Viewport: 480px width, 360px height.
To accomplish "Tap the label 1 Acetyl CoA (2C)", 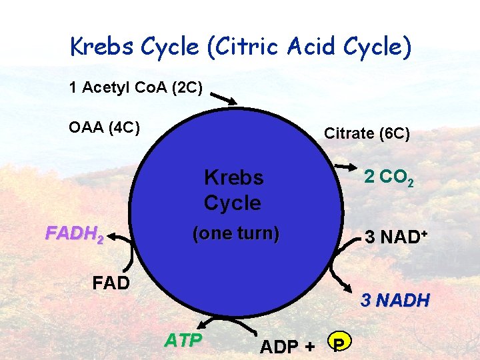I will (135, 87).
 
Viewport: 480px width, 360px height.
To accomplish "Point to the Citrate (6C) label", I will (367, 133).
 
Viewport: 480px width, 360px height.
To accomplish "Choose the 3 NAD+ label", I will (394, 237).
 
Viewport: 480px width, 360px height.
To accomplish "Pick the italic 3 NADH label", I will (395, 301).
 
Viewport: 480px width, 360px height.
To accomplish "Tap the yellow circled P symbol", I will (339, 343).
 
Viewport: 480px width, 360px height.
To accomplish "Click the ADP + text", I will (287, 347).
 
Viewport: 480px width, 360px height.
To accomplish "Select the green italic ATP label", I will (183, 341).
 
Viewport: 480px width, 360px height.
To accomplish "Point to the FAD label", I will (111, 283).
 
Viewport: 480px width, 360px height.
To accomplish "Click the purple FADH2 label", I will (73, 234).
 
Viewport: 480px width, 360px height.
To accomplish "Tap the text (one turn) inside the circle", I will (235, 234).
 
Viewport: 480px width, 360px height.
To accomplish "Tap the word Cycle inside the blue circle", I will (232, 202).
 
